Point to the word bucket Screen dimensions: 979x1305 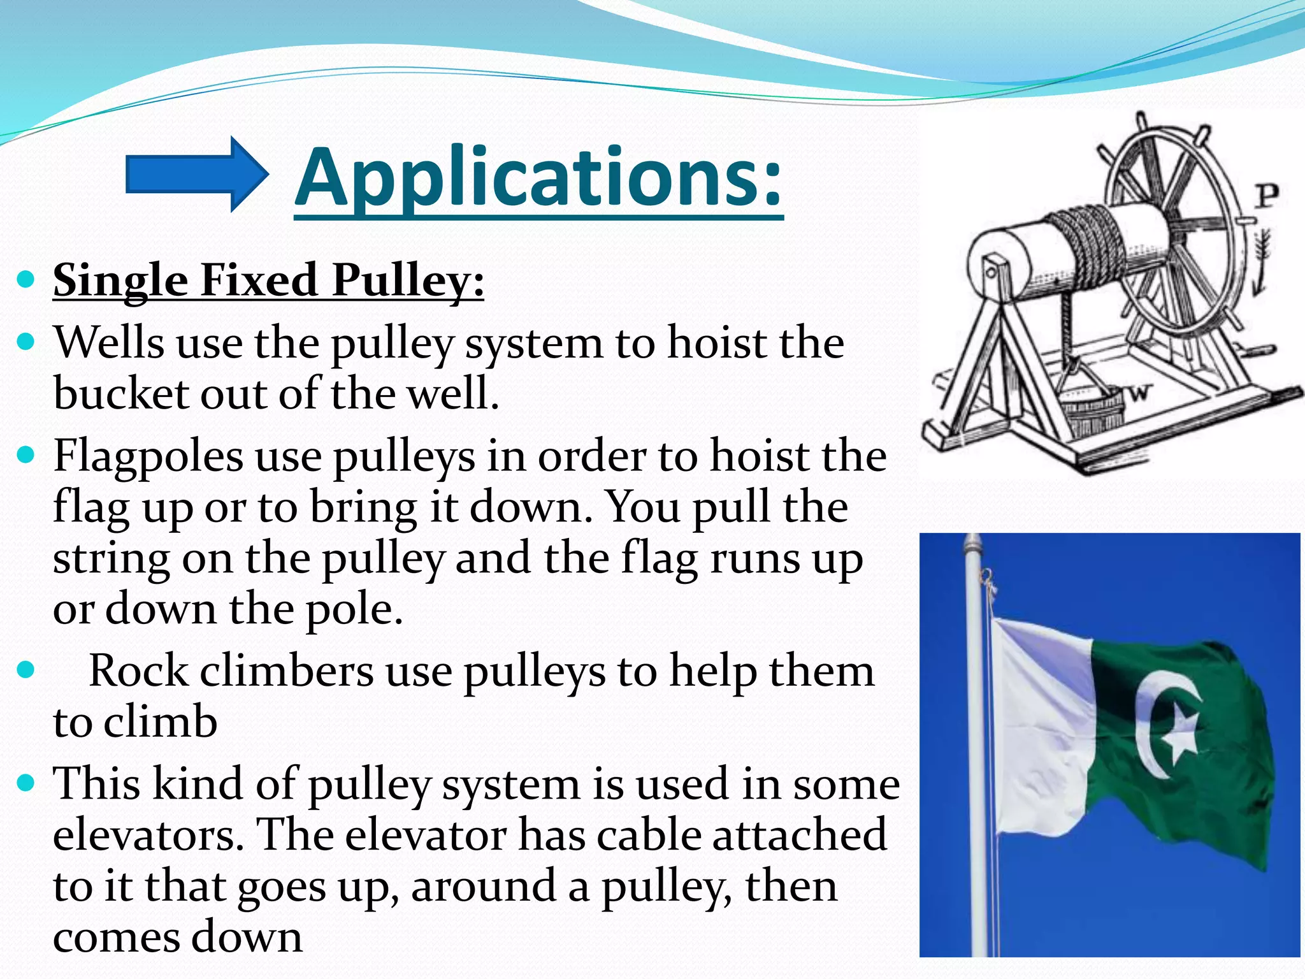point(120,393)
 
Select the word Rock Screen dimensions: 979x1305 point(138,671)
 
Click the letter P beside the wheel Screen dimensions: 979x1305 point(1267,196)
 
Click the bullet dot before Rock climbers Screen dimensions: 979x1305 point(25,671)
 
